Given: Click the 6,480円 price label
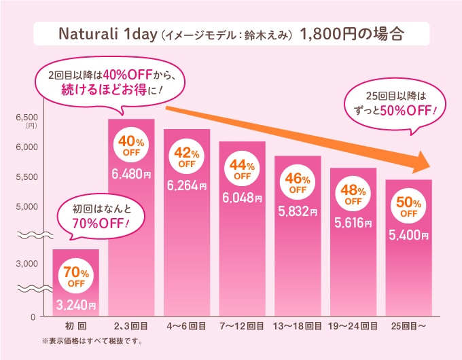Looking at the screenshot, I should point(131,175).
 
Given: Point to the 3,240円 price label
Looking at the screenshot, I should point(75,305).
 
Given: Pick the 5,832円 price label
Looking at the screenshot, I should point(298,212).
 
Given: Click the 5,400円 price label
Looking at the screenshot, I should point(408,236).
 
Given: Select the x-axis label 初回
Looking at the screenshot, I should point(75,327).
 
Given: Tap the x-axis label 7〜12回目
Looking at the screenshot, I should point(242,327).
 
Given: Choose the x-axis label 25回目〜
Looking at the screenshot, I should point(408,327).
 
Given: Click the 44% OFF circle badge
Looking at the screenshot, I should point(242,170).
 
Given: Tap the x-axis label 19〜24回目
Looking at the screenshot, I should point(353,327).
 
